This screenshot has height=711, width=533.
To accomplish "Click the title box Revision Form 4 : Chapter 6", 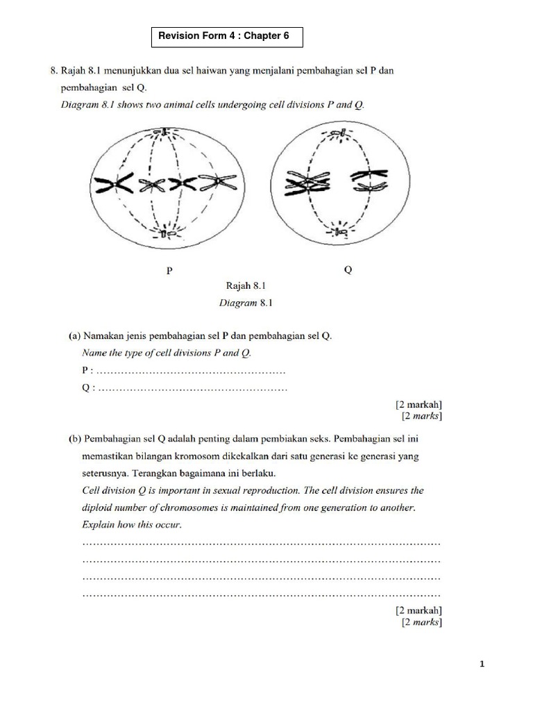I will (x=227, y=36).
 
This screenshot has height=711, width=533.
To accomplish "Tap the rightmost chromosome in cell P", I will (x=219, y=183).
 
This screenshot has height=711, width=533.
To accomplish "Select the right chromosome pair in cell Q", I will (x=371, y=180).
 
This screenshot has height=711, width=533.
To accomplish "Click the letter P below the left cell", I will (x=169, y=271).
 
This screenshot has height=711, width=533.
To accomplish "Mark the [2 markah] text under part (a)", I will (x=418, y=404).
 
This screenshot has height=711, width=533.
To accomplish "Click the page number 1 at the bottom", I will (x=482, y=665).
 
